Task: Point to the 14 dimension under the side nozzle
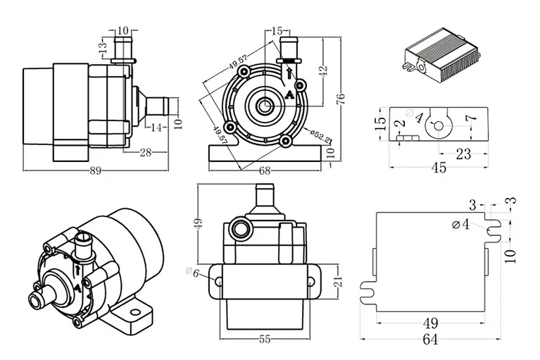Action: (x=156, y=128)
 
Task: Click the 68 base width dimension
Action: (x=265, y=170)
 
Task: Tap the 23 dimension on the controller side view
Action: (x=463, y=154)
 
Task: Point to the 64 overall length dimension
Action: (x=430, y=340)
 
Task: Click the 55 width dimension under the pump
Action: (x=265, y=339)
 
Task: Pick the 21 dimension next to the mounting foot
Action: (x=337, y=282)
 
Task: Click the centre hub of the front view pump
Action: (x=265, y=106)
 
